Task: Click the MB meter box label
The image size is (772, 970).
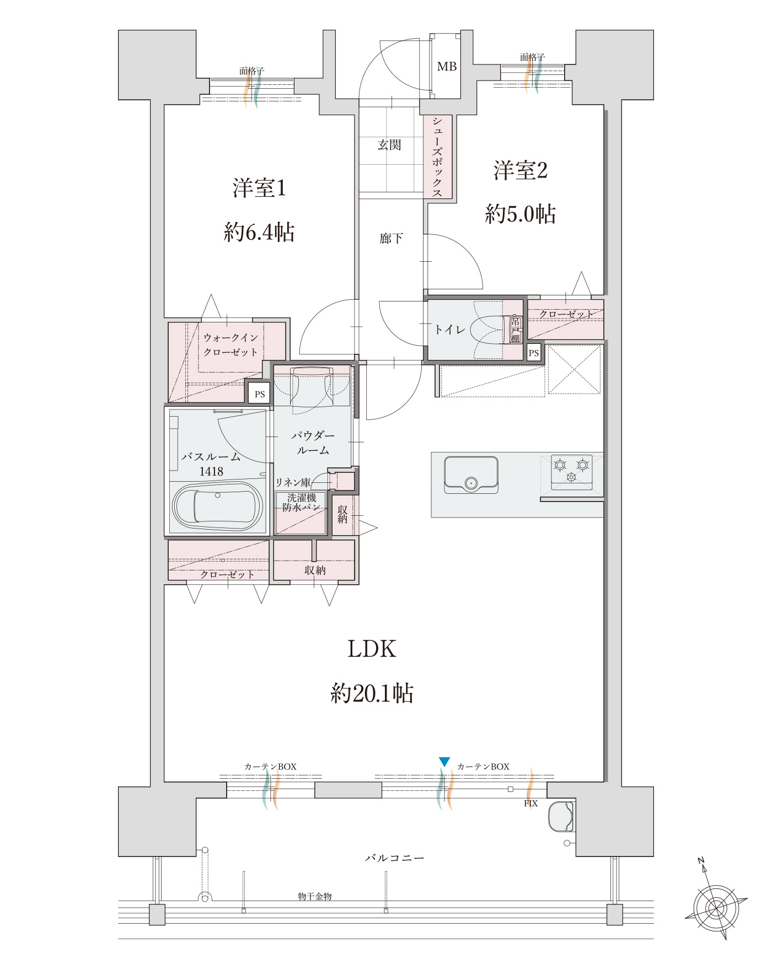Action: pos(447,67)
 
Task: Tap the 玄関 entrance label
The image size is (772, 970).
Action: pos(389,145)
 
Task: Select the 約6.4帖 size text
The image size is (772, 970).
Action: pos(259,233)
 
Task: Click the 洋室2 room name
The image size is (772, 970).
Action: pos(521,170)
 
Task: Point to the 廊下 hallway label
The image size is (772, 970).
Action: pos(391,239)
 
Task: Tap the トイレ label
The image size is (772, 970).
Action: pos(449,330)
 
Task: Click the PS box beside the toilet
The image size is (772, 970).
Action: pos(534,353)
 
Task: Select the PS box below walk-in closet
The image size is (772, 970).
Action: pos(259,395)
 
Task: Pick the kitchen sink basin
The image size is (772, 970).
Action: pos(471,475)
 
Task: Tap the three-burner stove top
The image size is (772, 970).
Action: pos(571,472)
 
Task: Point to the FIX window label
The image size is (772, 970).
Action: pos(530,804)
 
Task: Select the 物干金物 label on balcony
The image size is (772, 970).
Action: pos(315,897)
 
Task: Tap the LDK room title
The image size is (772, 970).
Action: pos(372,649)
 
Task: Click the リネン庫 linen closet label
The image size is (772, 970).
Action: pos(293,483)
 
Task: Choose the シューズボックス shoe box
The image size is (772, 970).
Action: pos(438,157)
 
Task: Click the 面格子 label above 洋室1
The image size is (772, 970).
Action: pos(251,71)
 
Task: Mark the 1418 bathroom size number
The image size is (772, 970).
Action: pos(211,471)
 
